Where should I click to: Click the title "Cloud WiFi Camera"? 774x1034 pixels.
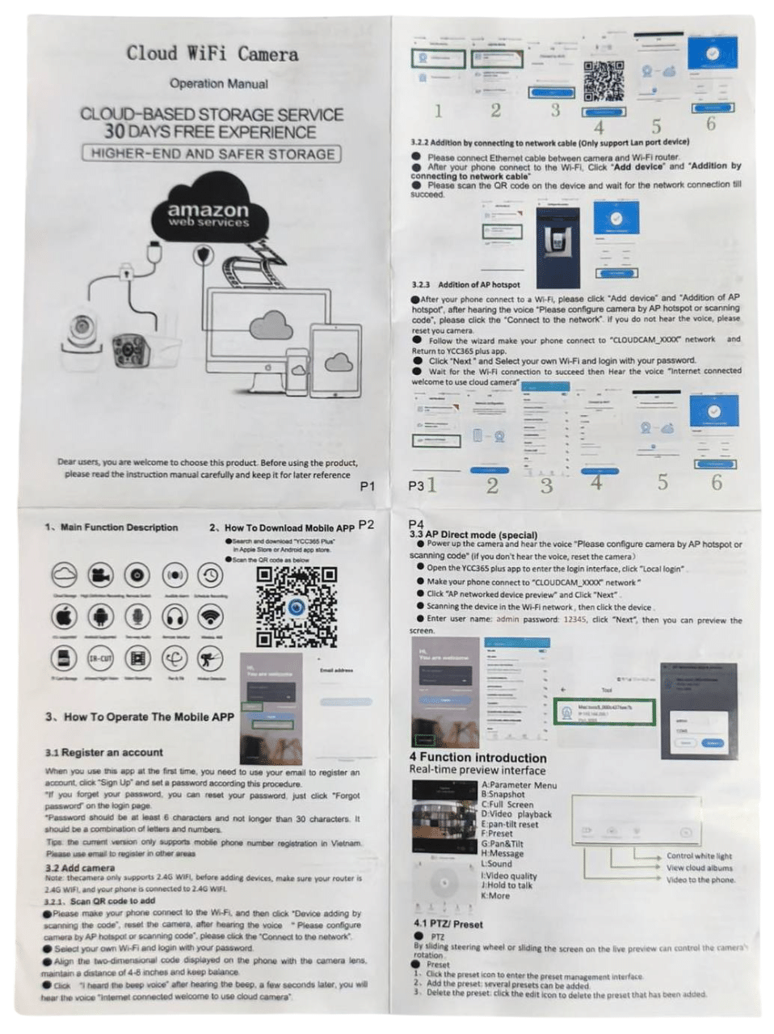(212, 54)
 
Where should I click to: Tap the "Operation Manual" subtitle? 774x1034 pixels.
(218, 83)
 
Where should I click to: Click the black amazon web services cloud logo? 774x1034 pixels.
(208, 213)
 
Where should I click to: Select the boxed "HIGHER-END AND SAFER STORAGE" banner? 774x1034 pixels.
(212, 153)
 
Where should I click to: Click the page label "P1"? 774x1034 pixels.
(368, 486)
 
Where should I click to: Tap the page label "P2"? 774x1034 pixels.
(366, 524)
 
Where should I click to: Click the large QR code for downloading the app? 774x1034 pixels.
(296, 607)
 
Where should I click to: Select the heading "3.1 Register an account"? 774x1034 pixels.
(103, 752)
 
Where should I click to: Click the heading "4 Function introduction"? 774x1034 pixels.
(477, 758)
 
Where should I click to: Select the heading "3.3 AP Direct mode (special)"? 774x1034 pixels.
(473, 534)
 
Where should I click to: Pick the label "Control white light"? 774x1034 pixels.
(699, 856)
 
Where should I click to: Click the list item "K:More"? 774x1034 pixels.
(495, 896)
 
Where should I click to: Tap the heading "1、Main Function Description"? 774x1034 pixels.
(111, 528)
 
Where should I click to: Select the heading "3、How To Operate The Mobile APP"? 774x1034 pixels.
(139, 717)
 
